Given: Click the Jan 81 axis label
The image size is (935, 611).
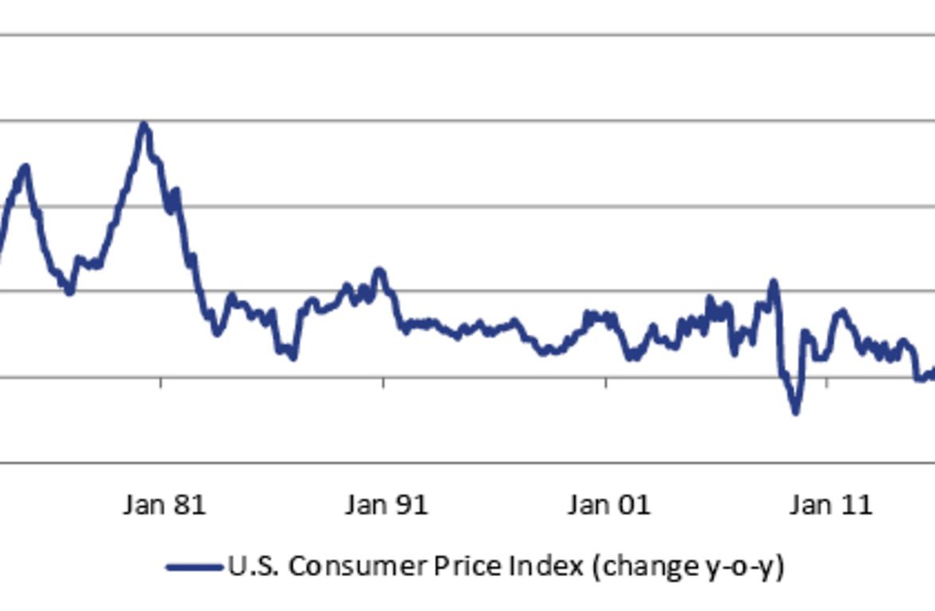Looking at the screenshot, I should (x=165, y=505).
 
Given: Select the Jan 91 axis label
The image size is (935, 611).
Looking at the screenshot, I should (x=386, y=505).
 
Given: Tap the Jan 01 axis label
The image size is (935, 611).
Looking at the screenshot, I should (x=609, y=505).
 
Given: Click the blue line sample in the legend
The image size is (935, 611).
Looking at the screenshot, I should (x=194, y=567).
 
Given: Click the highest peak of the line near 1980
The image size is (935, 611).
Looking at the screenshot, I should (x=144, y=124).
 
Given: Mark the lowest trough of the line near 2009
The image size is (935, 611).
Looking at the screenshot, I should (x=795, y=411).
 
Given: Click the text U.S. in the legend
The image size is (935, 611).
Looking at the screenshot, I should (x=254, y=566).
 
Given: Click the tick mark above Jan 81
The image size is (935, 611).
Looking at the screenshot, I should (x=161, y=383).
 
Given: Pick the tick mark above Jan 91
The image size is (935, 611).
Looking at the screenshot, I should (x=383, y=383).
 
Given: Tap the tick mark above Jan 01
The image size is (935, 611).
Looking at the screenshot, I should (x=606, y=383).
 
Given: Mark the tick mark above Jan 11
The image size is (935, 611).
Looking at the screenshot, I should (x=827, y=383).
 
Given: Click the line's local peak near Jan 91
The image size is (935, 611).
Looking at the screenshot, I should (x=380, y=270).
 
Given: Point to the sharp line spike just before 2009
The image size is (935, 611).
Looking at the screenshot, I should (x=773, y=282).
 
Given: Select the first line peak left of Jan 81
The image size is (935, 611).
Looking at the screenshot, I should (x=25, y=166).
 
